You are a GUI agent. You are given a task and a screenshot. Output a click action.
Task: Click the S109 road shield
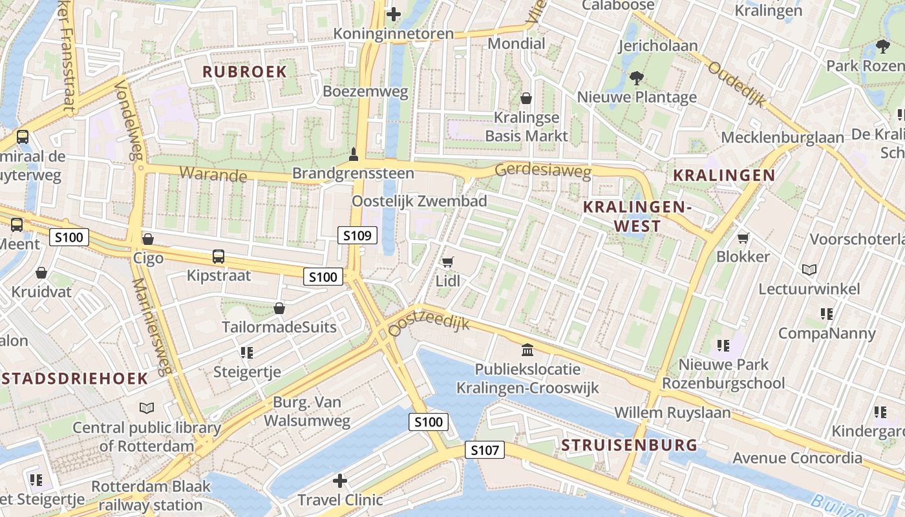[357, 236]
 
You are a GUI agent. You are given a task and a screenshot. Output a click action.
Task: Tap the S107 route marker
[484, 450]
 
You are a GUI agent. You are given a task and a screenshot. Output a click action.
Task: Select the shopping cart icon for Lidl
[447, 262]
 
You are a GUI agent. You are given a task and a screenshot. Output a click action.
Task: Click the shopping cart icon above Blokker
[743, 238]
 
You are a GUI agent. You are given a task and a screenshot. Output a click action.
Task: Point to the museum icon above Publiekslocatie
[527, 350]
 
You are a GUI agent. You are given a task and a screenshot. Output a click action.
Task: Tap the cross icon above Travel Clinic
[340, 481]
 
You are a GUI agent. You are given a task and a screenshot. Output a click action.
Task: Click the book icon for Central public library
[147, 408]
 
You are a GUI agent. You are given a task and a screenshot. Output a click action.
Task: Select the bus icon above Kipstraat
[218, 257]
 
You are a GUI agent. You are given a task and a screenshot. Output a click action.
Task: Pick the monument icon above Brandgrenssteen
[353, 154]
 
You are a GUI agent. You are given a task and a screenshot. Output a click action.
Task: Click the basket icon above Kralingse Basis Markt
[526, 98]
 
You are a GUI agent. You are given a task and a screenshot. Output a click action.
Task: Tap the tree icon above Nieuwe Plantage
[637, 78]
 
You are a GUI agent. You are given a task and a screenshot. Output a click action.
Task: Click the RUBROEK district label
[244, 72]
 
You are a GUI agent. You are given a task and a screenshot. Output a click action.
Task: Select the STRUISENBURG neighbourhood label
[629, 445]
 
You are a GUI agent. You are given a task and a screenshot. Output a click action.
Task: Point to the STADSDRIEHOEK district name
[74, 379]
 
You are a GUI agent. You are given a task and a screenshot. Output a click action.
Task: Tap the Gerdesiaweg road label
[543, 171]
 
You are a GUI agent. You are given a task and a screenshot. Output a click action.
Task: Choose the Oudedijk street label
[736, 84]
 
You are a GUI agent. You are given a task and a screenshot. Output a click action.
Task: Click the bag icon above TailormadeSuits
[279, 308]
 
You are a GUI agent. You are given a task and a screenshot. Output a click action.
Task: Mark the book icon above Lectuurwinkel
[809, 269]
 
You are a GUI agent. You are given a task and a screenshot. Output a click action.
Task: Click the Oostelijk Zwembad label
[419, 201]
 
